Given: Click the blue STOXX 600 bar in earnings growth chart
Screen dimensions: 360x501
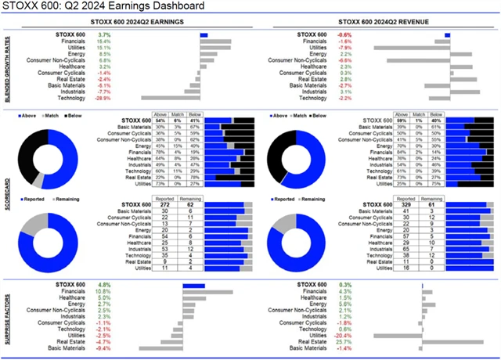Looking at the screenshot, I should pyautogui.click(x=204, y=35).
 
